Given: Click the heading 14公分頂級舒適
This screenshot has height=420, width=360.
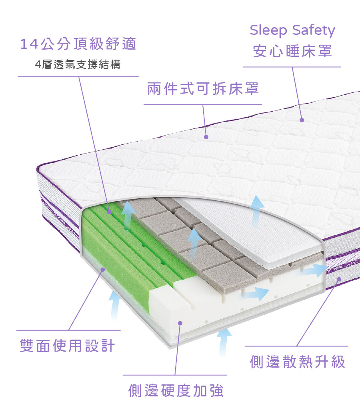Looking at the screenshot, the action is [x=78, y=44].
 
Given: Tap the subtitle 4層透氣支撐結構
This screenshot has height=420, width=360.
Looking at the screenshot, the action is [x=78, y=64].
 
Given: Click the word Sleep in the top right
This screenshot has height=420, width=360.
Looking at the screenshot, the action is [x=267, y=31].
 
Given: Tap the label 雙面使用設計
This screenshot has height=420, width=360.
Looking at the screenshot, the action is [x=67, y=345].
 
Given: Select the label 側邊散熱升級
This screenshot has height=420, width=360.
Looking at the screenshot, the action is [x=297, y=362].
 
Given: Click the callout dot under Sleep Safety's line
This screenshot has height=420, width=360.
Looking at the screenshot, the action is [x=302, y=120].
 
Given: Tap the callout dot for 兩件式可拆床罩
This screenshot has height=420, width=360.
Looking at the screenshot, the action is [x=206, y=137].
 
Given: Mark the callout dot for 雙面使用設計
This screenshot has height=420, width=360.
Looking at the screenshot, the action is [x=103, y=270].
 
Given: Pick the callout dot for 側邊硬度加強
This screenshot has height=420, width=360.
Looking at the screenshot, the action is [x=180, y=322].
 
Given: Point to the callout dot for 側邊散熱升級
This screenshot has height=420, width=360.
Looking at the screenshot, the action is [x=339, y=279].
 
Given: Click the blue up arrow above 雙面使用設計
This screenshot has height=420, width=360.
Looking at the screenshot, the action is [x=115, y=304].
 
